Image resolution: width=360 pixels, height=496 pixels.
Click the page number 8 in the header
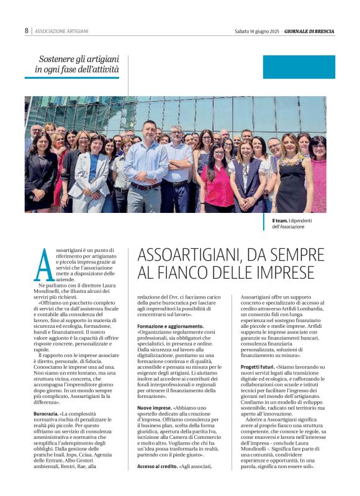[x=27, y=30]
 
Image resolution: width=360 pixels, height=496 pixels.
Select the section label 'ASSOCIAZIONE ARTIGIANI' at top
[x=61, y=31]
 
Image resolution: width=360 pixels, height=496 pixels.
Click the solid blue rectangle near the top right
[x=299, y=66]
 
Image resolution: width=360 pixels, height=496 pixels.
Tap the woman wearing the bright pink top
[x=217, y=180]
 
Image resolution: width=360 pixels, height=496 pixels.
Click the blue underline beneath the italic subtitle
[x=72, y=78]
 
